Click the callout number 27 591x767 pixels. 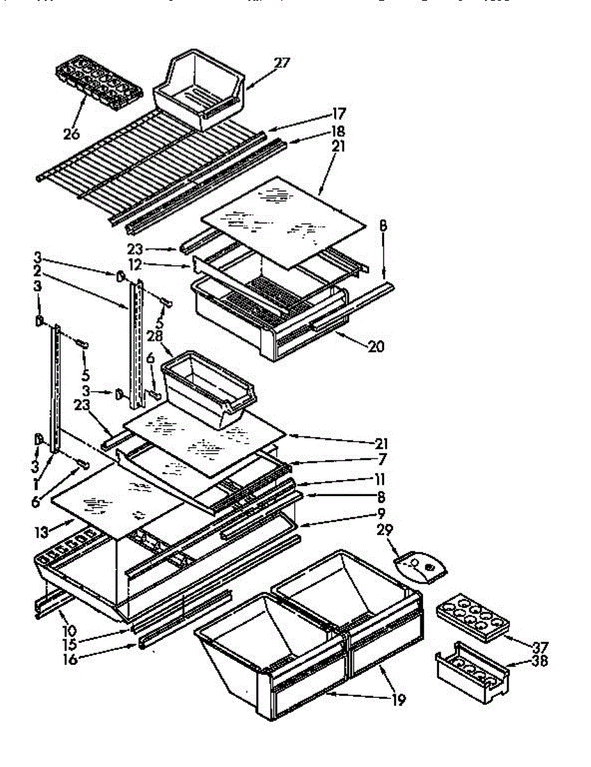(282, 63)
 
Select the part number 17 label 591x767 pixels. (339, 114)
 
